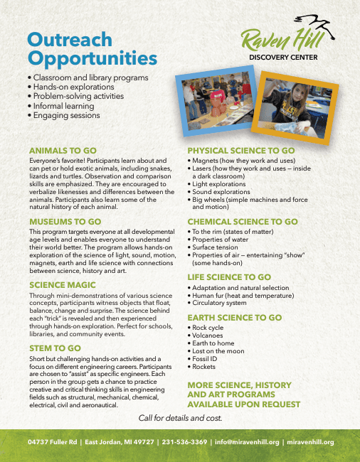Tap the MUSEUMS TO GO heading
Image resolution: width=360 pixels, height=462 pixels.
tap(68, 222)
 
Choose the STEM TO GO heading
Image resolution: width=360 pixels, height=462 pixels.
tap(55, 348)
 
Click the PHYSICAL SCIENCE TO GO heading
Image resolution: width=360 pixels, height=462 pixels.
tap(240, 151)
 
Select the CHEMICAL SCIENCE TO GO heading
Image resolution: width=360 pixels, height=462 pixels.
tap(242, 222)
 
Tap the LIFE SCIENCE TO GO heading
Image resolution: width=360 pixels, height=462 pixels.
tap(228, 276)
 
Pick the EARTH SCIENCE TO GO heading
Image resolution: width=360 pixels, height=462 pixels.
tap(234, 318)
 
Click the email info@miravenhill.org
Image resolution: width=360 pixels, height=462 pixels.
tap(248, 442)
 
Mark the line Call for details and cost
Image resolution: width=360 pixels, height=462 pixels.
tap(180, 417)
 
